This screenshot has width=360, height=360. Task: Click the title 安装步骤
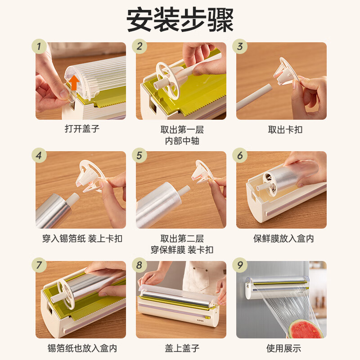[x=180, y=20]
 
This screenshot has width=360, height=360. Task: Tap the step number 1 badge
[x=39, y=46]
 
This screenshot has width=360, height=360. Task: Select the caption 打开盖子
[x=81, y=129]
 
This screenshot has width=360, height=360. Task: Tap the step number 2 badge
[x=140, y=46]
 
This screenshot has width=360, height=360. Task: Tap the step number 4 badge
[x=39, y=156]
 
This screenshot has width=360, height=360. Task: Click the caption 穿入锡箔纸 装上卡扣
[x=81, y=239]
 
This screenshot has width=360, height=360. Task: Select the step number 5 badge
[x=140, y=156]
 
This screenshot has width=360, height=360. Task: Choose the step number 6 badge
[x=240, y=156]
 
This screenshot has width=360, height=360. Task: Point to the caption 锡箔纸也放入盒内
[x=82, y=348]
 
